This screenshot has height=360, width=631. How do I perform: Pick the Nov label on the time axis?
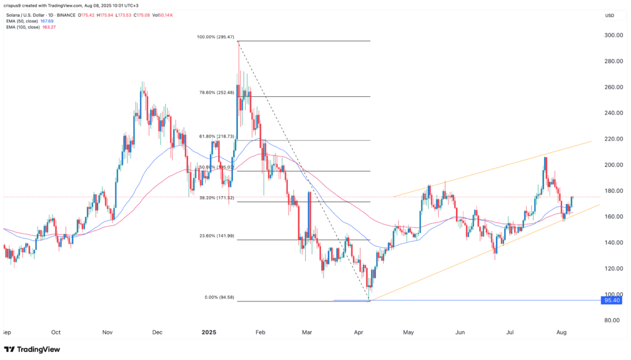(x=108, y=332)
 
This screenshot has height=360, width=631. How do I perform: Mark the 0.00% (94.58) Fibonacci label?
(x=219, y=297)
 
